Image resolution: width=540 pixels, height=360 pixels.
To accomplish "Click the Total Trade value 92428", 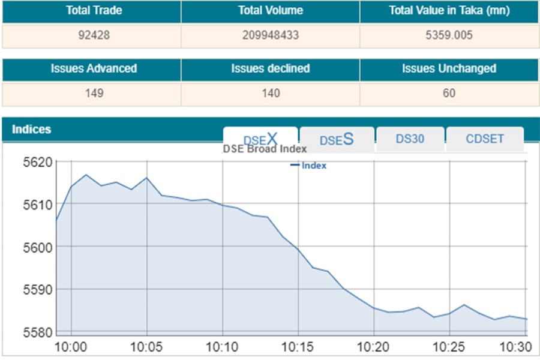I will tap(91, 35).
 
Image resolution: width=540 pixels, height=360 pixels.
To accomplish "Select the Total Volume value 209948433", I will tap(271, 35).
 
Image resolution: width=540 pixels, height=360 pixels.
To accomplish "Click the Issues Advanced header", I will tap(94, 68).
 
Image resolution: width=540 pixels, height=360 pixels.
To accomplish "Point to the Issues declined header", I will tap(271, 68).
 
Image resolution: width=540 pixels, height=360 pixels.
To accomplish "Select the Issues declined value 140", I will tap(271, 93).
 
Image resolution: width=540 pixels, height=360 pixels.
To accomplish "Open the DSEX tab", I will tap(260, 139).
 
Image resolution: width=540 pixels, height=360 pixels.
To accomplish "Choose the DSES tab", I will tap(337, 139).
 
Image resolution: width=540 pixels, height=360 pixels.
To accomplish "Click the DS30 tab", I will tap(410, 139).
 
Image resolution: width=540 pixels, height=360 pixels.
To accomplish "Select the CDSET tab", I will tap(485, 139).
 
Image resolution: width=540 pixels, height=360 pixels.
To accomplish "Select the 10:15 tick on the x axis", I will tap(298, 347).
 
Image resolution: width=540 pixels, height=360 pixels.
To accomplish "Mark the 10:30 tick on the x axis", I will tap(515, 347).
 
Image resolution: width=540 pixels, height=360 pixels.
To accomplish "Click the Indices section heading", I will tap(31, 130).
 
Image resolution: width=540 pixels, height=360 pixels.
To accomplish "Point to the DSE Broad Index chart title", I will tap(265, 149).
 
